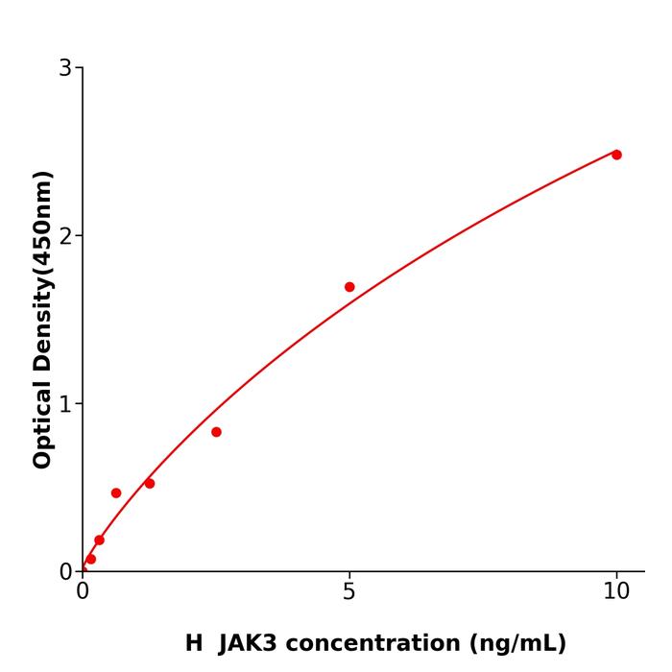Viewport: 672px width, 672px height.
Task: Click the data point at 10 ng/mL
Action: [616, 155]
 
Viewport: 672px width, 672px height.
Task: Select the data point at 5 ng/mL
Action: [349, 287]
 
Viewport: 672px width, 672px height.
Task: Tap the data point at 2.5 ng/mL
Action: [216, 432]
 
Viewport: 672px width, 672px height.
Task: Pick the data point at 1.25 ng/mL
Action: [150, 483]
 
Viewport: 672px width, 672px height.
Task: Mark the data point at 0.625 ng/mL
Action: [116, 492]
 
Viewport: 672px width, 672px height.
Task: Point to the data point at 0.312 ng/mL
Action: [99, 540]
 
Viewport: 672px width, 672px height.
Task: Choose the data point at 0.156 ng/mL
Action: [91, 559]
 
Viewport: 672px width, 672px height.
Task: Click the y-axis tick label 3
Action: [65, 68]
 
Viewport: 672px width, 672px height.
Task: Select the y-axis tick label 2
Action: [65, 236]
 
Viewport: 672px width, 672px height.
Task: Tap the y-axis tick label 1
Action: [65, 404]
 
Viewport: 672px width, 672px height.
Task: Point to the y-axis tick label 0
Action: [65, 572]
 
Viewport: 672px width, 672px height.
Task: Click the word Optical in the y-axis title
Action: [42, 424]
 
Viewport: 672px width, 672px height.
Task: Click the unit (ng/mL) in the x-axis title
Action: [516, 643]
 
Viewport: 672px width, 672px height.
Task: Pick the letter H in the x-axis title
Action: [194, 643]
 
